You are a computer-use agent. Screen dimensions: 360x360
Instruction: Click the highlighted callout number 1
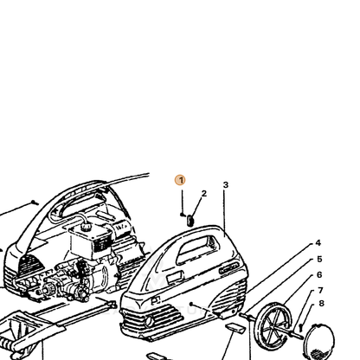[x=180, y=180]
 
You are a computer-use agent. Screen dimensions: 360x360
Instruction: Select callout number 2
[x=204, y=194]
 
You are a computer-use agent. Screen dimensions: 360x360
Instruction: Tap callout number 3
[x=226, y=185]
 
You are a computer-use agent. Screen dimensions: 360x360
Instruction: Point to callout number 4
[x=318, y=243]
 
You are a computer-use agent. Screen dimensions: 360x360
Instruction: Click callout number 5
[x=319, y=260]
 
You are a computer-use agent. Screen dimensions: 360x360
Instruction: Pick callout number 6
[x=319, y=275]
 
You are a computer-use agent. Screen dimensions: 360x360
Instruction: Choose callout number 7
[x=320, y=290]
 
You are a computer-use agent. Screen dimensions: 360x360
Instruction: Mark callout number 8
[x=321, y=303]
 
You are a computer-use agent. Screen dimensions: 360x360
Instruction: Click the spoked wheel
[x=273, y=326]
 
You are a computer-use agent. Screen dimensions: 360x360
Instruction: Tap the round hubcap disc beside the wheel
[x=319, y=343]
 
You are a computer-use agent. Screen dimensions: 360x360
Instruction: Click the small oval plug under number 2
[x=190, y=221]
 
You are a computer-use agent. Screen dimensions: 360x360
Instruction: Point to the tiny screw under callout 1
[x=182, y=215]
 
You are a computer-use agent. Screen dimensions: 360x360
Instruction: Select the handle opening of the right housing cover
[x=197, y=249]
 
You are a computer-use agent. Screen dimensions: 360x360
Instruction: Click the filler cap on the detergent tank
[x=86, y=227]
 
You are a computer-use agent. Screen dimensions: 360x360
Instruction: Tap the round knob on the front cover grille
[x=150, y=321]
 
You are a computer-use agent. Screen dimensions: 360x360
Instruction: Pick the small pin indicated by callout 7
[x=300, y=326]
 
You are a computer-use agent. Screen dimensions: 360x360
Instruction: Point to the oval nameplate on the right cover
[x=229, y=269]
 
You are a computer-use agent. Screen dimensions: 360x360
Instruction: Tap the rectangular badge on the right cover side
[x=175, y=278]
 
